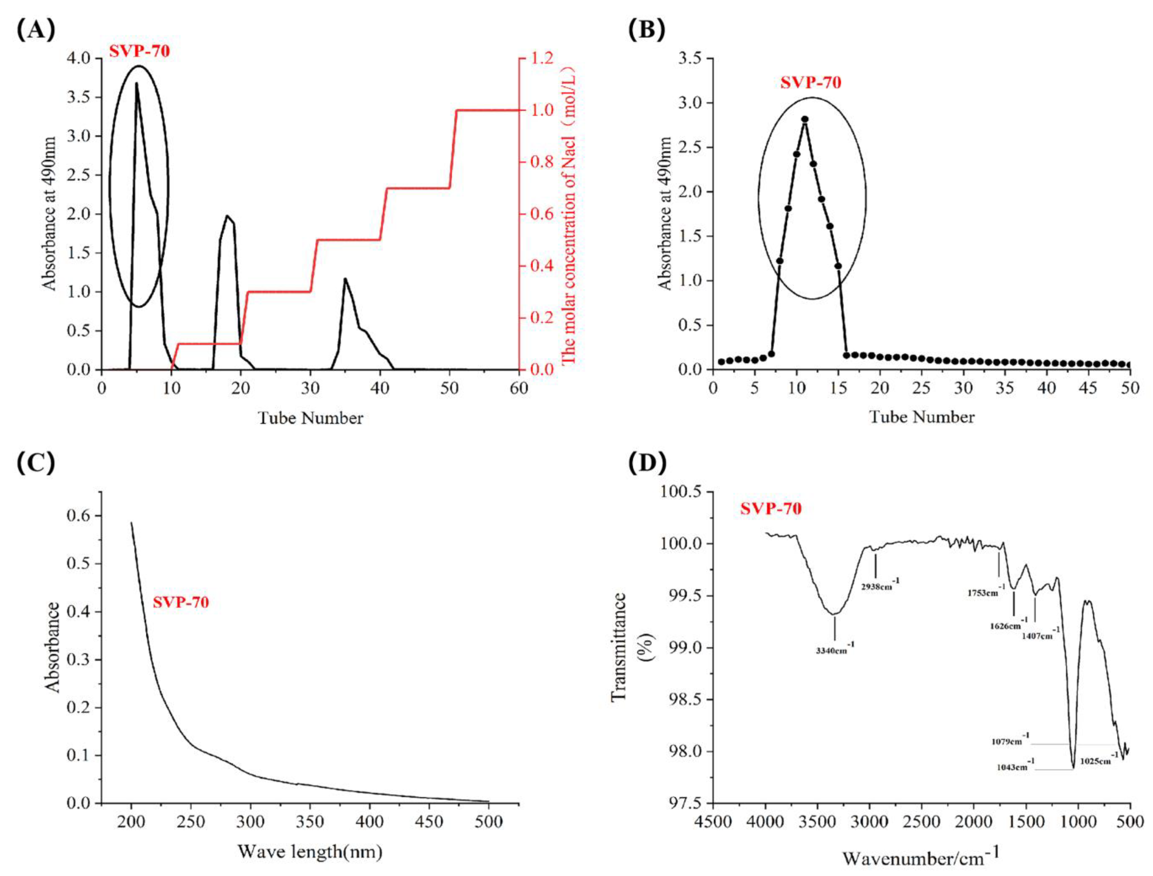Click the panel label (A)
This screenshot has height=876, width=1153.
pyautogui.click(x=35, y=31)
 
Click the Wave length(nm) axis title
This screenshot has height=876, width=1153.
pyautogui.click(x=310, y=852)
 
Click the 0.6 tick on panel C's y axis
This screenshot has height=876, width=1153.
pyautogui.click(x=78, y=516)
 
